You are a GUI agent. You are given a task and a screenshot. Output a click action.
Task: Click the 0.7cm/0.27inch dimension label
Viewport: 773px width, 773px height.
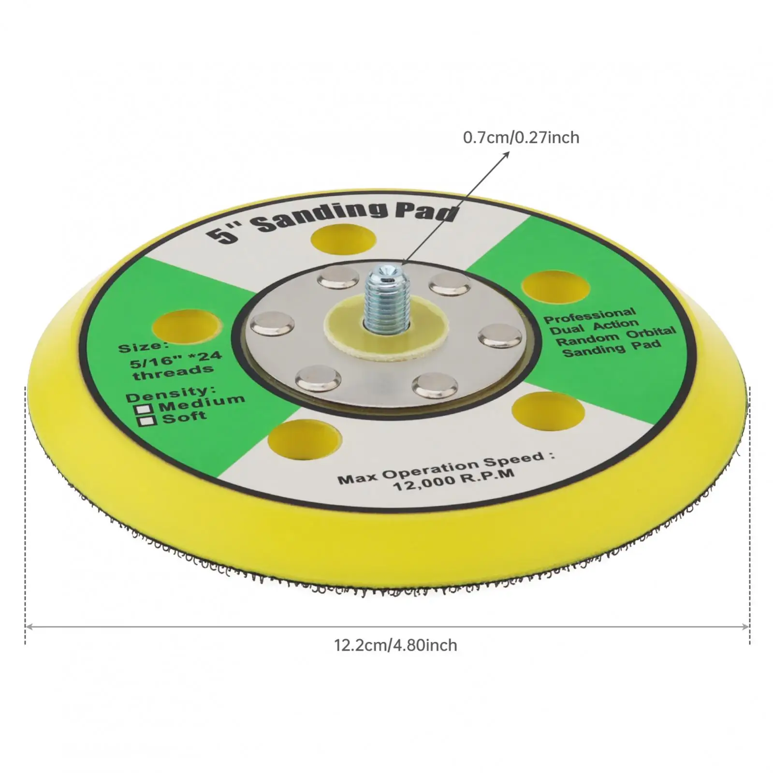tap(521, 138)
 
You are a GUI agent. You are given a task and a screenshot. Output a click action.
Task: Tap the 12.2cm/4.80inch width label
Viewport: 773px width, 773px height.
tap(395, 645)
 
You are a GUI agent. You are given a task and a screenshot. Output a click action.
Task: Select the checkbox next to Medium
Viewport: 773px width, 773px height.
tap(144, 409)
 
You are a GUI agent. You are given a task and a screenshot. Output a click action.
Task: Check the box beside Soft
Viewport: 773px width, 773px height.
tap(147, 421)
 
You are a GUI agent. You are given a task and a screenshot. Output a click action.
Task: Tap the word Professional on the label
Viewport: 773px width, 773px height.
tap(590, 315)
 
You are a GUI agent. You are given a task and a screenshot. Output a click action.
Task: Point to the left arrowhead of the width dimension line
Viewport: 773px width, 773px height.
tap(28, 627)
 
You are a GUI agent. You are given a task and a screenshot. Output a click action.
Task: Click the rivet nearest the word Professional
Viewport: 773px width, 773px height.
tap(500, 335)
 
